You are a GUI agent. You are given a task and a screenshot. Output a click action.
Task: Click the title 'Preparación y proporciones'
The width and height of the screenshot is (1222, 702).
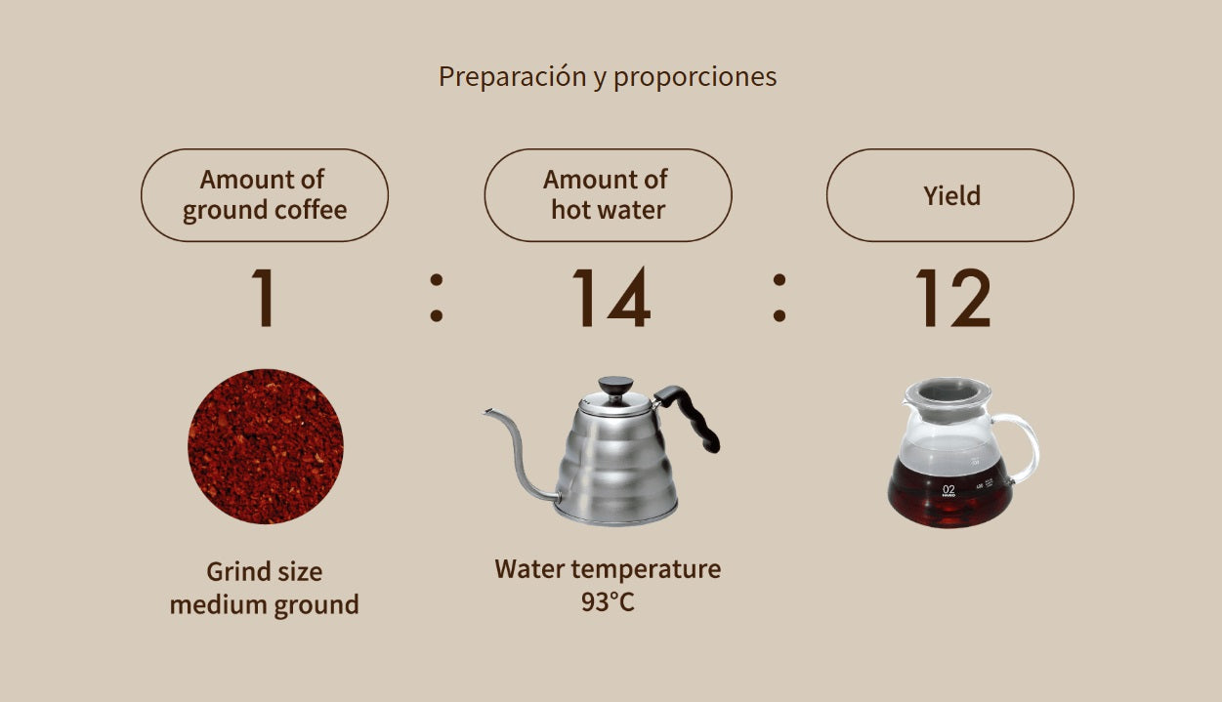tap(608, 77)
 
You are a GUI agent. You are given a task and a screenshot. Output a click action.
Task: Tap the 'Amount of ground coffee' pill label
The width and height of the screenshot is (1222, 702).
tap(265, 194)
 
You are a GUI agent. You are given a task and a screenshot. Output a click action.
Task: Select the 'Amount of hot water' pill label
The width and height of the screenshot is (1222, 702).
tap(608, 194)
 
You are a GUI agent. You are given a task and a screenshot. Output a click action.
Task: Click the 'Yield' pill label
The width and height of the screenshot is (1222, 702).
tap(950, 194)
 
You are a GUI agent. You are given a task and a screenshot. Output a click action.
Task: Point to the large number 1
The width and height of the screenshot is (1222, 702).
tap(264, 297)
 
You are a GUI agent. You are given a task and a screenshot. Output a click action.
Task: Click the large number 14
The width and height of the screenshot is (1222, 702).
tap(611, 297)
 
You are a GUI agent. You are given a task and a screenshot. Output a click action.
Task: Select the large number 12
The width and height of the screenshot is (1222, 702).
tap(952, 297)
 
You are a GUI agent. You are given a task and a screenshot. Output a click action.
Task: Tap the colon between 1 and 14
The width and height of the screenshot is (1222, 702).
tap(436, 298)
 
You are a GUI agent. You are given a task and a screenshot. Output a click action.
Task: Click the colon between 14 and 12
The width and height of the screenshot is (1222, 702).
tap(780, 298)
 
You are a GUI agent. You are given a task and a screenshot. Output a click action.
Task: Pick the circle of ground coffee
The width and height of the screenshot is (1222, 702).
tap(265, 446)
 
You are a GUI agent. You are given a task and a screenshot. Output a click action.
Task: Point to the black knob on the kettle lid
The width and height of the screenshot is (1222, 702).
tap(615, 385)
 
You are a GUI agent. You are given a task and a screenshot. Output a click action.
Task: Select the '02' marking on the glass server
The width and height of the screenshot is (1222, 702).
tap(948, 490)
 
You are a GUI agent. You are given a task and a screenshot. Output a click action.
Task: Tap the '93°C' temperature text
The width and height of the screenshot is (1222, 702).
tap(608, 602)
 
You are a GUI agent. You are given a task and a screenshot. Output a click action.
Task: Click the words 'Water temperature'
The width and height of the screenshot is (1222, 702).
tap(608, 569)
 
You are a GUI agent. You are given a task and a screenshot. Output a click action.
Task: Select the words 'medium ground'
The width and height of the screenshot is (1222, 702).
tap(264, 605)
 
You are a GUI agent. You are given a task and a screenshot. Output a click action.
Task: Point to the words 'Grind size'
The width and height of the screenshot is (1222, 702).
tap(264, 572)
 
